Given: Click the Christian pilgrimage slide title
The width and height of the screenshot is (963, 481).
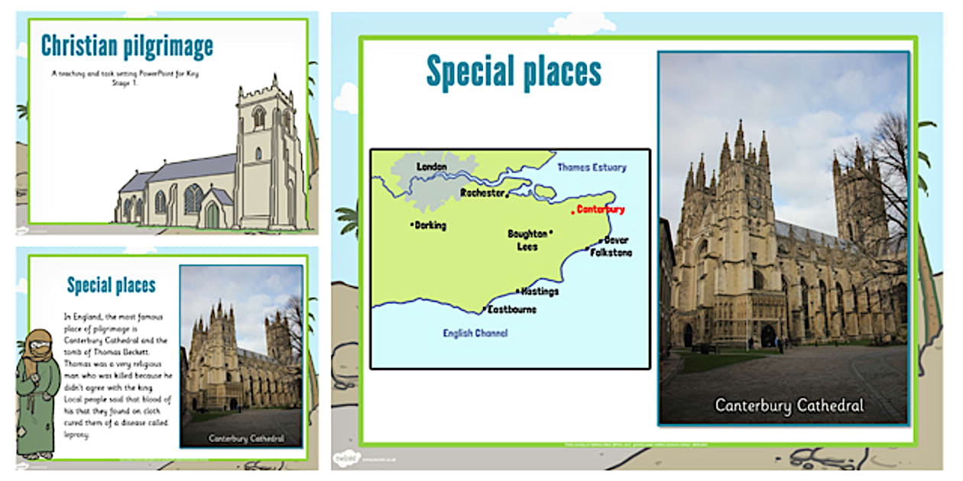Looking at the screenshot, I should (127, 47).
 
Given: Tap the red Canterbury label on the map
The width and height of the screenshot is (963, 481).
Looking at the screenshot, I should (601, 209).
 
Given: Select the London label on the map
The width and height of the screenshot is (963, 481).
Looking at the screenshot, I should (431, 166).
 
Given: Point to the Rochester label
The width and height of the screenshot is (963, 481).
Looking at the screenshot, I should (482, 193).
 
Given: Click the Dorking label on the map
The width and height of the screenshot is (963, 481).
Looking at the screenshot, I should (430, 225).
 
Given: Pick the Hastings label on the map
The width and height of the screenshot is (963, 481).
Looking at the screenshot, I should (540, 292).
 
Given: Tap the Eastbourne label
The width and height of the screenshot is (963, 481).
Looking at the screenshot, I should (512, 309).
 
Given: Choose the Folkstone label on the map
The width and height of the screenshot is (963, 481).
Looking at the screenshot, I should (611, 252).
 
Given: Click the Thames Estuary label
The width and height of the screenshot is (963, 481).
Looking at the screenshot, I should (592, 166).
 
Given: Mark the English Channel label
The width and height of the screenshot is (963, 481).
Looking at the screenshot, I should (475, 333).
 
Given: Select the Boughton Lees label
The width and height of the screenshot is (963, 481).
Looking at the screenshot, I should (528, 240).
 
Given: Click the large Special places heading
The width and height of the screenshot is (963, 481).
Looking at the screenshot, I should (514, 73).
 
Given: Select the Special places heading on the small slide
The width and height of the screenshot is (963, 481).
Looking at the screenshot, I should (112, 286).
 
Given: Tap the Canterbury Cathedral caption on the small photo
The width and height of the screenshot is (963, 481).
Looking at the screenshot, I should (245, 438).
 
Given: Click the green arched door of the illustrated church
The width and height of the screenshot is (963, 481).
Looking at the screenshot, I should (212, 215).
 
